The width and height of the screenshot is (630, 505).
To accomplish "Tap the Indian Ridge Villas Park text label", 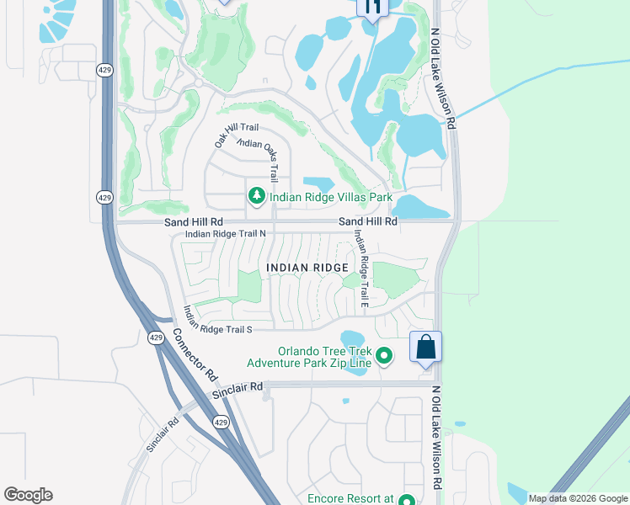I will (331, 198).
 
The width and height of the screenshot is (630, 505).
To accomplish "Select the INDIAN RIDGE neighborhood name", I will (307, 268).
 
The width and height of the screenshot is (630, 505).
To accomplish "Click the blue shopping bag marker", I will (426, 347).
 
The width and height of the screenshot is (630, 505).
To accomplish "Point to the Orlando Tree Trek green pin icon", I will (384, 356).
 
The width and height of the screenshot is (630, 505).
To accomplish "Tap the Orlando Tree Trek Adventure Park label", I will (308, 358).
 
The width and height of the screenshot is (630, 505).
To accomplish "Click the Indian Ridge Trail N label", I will (225, 234).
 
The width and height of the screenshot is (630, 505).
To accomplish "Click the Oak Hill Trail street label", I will (230, 136).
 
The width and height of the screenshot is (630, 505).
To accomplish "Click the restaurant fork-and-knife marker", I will (372, 8).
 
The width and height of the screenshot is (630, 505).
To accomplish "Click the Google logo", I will (28, 495).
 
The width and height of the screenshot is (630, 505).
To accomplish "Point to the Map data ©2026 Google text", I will (577, 498).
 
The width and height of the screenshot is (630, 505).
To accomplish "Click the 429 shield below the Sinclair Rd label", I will (219, 422).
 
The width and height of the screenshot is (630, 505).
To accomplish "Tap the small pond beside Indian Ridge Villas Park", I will (318, 183).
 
